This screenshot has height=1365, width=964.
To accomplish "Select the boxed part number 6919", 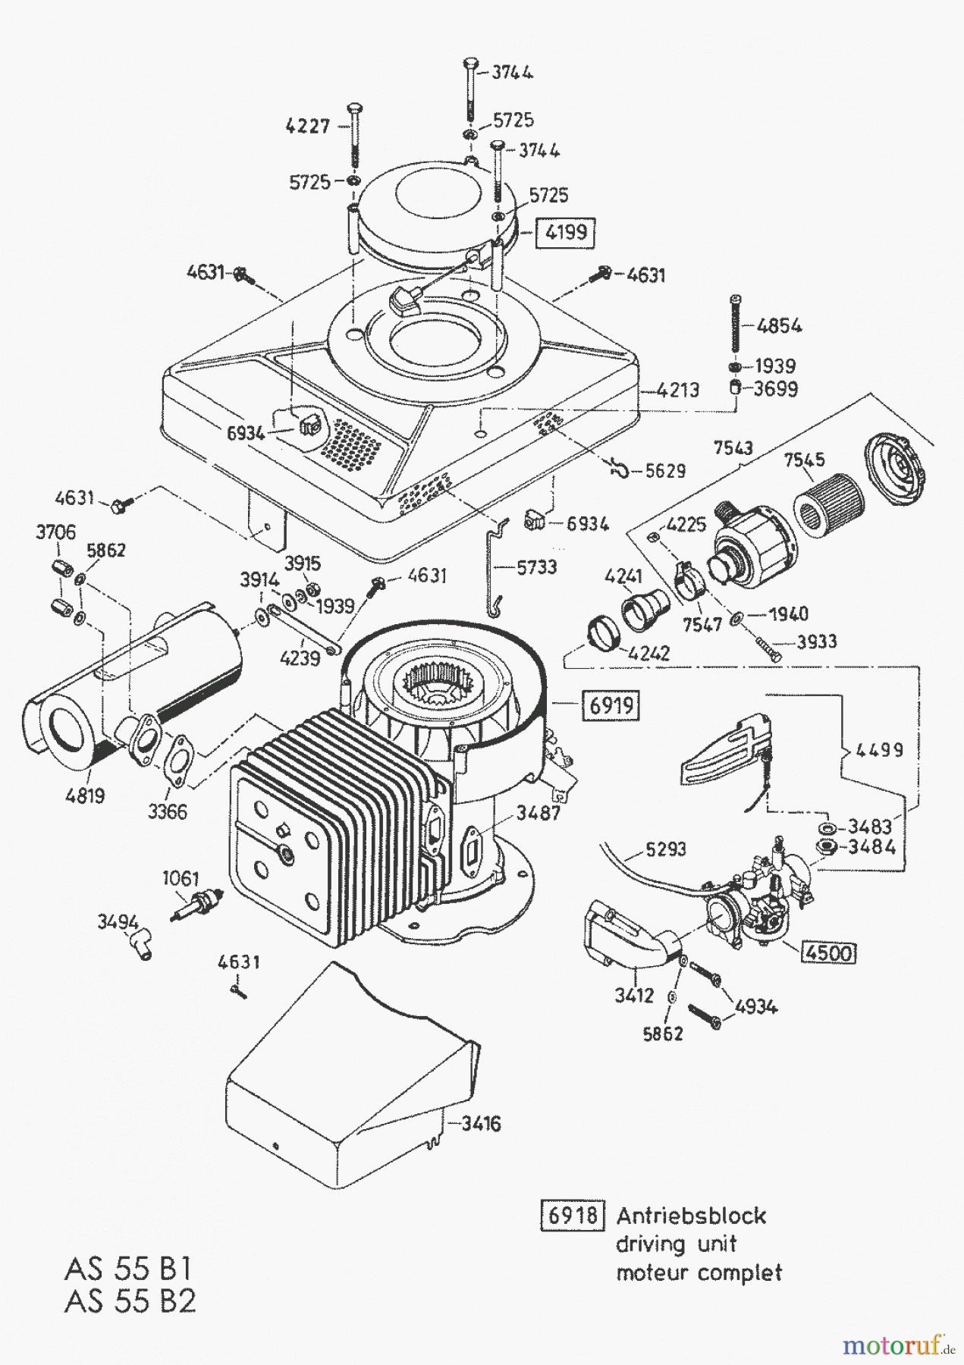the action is point(611,706).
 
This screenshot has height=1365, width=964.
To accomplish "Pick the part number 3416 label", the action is point(481,1123).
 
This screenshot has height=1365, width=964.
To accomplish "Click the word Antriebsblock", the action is point(691,1216).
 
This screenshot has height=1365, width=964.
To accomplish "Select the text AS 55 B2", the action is point(130,1301).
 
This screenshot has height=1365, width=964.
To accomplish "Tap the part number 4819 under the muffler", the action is point(84,796).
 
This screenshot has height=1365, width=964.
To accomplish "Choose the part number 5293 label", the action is point(666,851).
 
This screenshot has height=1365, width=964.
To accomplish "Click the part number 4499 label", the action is point(880,750).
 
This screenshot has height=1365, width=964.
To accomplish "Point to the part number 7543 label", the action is point(733,447).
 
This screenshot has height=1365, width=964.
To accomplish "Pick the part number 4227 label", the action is point(308,126).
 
